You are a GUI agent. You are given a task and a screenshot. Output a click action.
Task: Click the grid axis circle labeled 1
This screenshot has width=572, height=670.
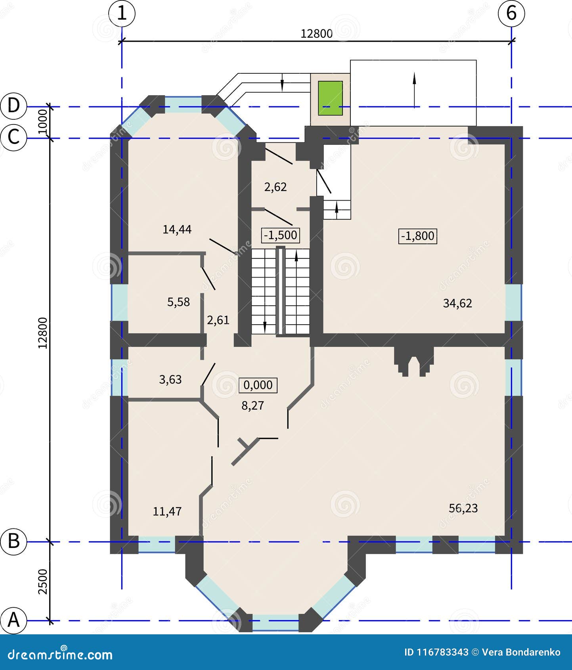click(x=122, y=13)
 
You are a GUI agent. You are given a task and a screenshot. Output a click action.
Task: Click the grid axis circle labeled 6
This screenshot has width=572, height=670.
click(x=511, y=13)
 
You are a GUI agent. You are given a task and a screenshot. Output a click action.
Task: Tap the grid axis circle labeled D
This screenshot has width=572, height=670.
click(x=13, y=106)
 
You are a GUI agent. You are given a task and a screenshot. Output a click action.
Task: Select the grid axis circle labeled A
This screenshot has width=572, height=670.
click(x=13, y=619)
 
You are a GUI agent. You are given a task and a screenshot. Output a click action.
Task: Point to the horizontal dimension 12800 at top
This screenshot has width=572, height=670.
click(x=316, y=34)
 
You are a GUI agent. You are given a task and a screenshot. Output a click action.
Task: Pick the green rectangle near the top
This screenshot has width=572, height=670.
click(x=330, y=98)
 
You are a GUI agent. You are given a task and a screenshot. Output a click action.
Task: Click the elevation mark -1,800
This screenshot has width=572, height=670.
click(x=417, y=236)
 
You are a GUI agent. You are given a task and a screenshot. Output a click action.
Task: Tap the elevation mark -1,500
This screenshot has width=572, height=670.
click(x=281, y=235)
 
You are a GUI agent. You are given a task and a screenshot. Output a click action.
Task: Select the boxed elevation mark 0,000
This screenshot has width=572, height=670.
click(x=258, y=385)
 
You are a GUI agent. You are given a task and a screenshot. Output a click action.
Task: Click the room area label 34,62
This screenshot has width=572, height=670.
click(x=457, y=303)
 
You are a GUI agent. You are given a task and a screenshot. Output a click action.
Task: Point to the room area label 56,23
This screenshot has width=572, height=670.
click(x=463, y=508)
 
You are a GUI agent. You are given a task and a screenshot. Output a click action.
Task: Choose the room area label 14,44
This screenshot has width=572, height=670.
click(x=177, y=229)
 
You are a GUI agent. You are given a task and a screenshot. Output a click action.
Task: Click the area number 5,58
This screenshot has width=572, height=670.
click(x=178, y=302)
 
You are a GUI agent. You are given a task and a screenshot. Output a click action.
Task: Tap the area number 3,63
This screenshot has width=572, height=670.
click(x=170, y=379)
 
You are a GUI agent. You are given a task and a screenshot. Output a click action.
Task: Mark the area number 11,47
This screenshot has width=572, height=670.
click(x=167, y=511)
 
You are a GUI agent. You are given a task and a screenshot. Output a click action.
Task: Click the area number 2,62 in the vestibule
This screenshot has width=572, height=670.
click(x=275, y=187)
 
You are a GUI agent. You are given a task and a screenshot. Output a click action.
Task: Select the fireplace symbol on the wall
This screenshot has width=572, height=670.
click(x=413, y=361)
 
